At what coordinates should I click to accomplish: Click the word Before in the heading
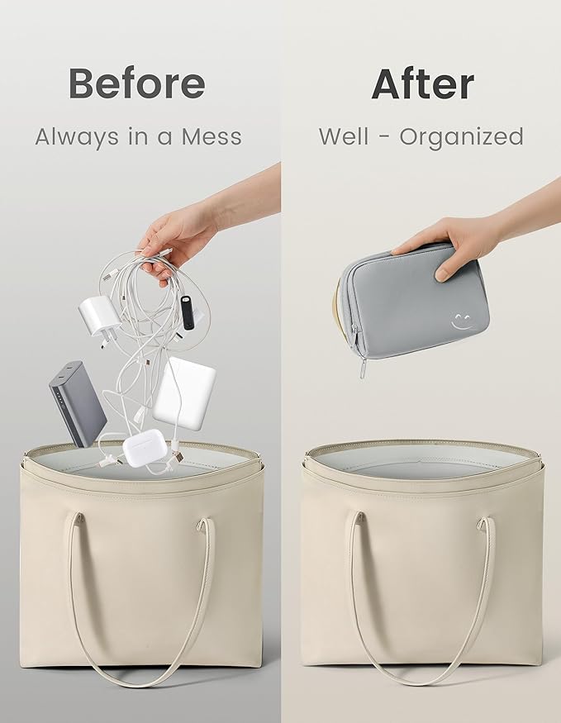(137, 83)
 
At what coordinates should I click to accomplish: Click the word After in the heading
(423, 84)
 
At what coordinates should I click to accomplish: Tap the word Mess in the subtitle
(212, 137)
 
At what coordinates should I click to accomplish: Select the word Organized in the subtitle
(461, 137)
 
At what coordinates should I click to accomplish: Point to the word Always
(77, 137)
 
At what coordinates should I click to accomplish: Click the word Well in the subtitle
(344, 136)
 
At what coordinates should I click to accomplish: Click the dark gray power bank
(78, 403)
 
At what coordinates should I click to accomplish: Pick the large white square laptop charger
(184, 393)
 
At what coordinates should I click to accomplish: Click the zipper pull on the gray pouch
(363, 368)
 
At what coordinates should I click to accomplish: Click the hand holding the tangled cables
(180, 240)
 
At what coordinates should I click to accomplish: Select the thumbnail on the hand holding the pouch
(441, 275)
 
